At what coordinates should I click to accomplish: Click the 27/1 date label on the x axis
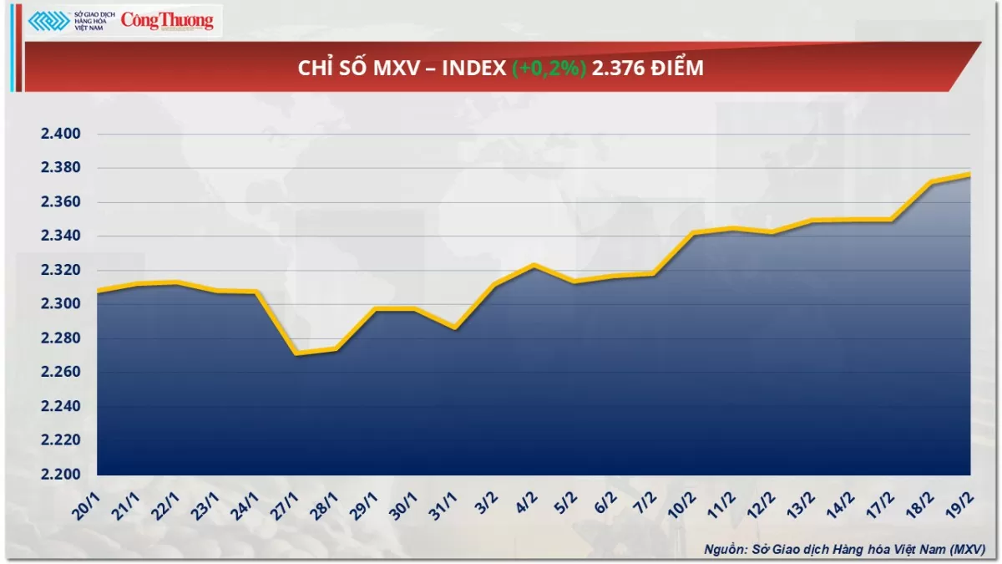tap(286, 506)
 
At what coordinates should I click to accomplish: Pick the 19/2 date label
tap(959, 506)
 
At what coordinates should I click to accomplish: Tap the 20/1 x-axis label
tap(88, 506)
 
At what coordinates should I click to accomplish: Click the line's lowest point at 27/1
tap(296, 353)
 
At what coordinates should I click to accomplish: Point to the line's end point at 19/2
tap(969, 174)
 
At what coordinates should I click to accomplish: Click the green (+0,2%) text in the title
tap(549, 69)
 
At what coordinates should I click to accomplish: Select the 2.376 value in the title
tap(615, 69)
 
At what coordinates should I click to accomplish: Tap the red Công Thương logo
tap(167, 21)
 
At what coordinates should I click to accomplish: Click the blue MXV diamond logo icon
tap(48, 21)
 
